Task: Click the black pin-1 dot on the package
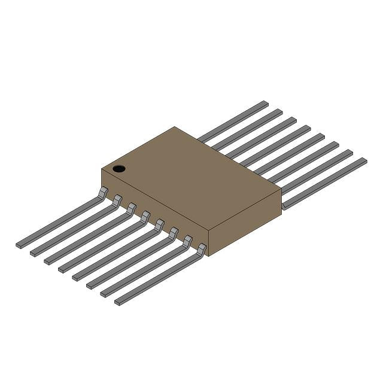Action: point(119,169)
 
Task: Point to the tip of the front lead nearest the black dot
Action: point(19,245)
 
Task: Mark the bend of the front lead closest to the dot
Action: point(103,191)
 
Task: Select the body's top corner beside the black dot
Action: point(102,169)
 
